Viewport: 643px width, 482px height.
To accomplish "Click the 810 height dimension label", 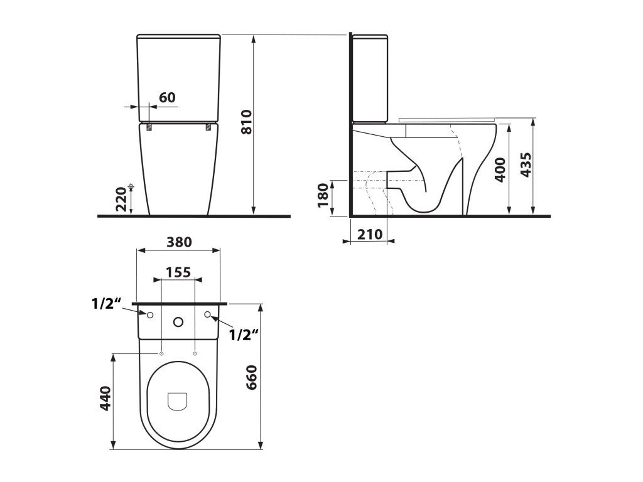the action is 246,122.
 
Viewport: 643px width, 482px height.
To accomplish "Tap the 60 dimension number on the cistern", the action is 167,97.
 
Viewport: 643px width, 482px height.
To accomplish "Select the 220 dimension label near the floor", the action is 121,199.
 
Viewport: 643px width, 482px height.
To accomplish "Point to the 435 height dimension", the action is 526,165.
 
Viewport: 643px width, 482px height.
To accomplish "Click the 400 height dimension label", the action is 500,169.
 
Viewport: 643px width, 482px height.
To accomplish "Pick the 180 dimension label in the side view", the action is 323,195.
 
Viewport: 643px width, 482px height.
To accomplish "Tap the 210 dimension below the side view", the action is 370,235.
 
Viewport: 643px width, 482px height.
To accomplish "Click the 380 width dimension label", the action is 179,242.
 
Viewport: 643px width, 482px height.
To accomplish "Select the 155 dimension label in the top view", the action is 178,272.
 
